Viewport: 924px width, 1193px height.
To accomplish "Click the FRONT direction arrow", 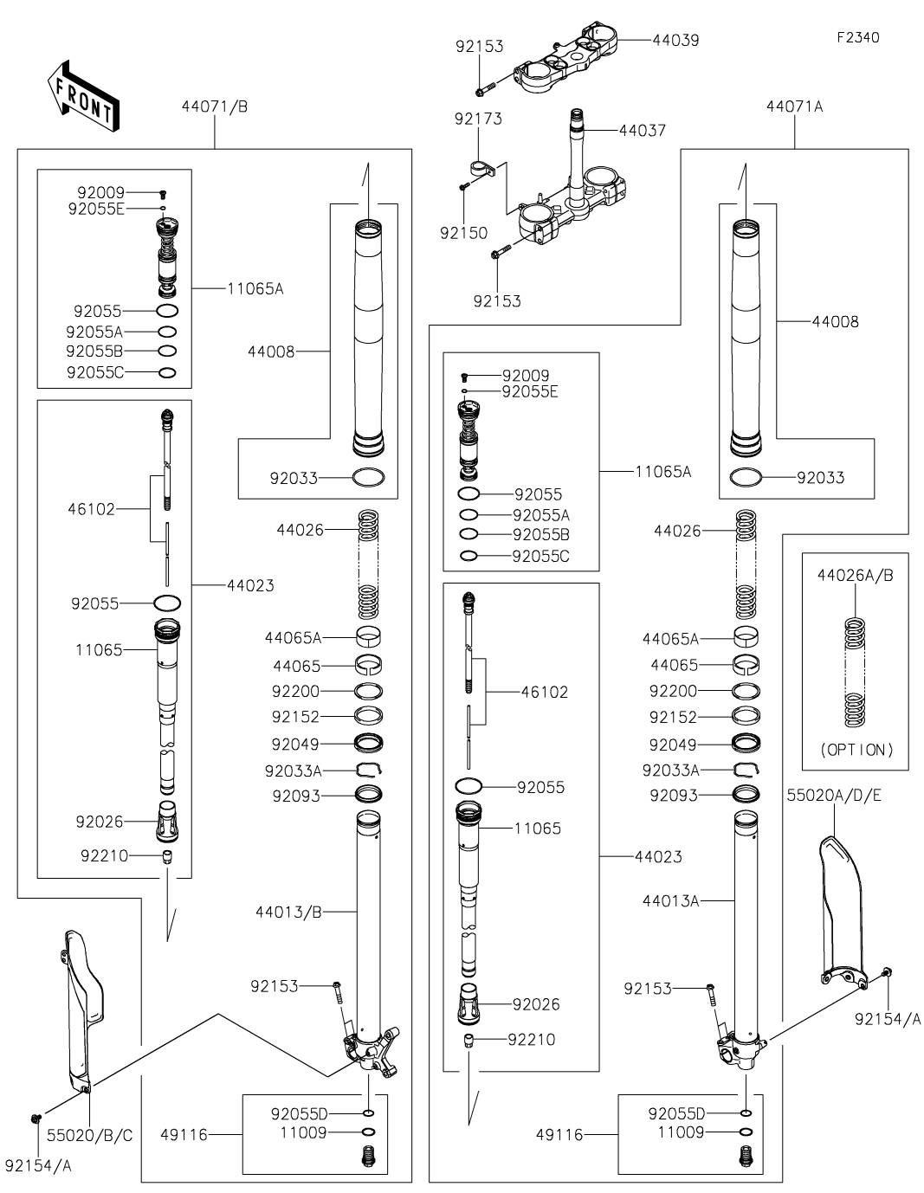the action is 83,96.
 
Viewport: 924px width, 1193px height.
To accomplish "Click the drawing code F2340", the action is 858,37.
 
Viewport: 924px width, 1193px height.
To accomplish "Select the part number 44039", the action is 675,40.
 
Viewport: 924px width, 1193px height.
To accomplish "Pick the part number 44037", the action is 643,131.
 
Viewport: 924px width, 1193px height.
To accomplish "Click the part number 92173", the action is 478,119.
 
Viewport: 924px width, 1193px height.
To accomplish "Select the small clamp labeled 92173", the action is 484,169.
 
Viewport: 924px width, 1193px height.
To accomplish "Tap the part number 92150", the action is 464,233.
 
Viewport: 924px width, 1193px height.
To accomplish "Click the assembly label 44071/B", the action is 215,106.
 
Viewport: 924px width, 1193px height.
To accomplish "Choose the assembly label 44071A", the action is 794,106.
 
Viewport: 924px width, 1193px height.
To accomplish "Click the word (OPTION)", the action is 856,750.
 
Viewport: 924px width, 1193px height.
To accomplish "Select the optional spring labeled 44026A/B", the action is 855,673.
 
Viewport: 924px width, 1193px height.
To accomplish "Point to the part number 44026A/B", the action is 856,576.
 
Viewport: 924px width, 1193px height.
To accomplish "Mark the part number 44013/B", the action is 288,912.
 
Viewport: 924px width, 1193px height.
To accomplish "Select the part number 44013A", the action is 671,901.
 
